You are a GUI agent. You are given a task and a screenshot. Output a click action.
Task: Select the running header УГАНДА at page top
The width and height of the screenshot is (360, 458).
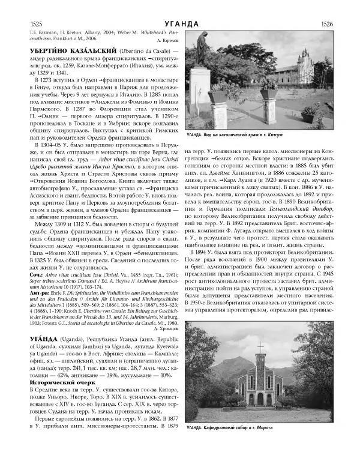coord(179,23)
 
